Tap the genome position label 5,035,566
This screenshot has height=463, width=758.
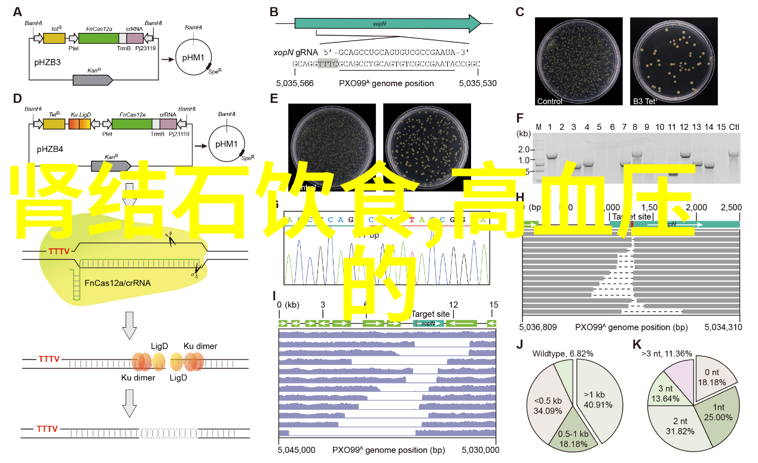point(295,83)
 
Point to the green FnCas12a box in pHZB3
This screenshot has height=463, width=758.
point(99,38)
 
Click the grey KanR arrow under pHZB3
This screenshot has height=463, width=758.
point(93,79)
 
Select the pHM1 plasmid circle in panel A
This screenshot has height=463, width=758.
point(193,59)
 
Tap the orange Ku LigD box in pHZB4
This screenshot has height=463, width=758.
point(80,124)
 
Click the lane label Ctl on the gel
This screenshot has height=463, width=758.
point(734,127)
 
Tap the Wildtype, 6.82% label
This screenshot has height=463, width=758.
point(563,354)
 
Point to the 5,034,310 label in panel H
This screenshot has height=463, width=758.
point(723,327)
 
